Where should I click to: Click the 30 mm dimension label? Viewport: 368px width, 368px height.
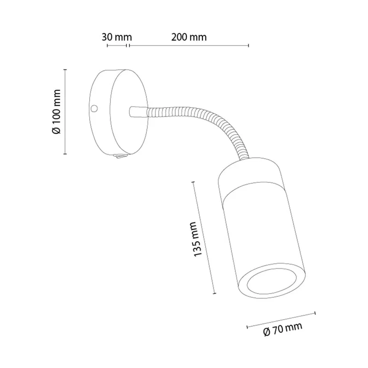[117, 37]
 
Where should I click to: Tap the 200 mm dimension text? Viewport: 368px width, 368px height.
[189, 37]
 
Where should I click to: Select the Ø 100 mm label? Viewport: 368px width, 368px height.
[56, 112]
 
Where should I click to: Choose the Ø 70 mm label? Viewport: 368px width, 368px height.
[283, 329]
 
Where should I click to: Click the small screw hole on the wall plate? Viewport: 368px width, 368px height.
[94, 108]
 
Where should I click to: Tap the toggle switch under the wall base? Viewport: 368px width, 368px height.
[121, 156]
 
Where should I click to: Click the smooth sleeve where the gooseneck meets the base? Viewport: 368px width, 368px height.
[138, 111]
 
